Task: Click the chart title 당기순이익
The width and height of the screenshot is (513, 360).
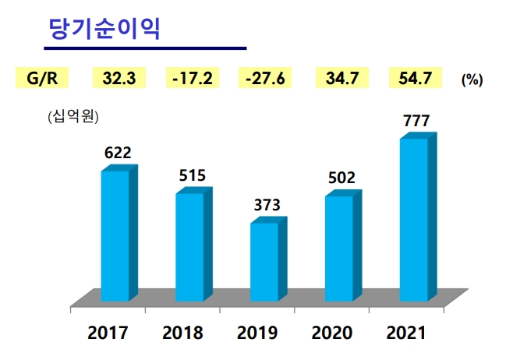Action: [x=104, y=30]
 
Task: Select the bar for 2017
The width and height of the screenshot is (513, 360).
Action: [x=115, y=235]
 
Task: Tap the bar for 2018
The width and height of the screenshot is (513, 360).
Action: [x=189, y=246]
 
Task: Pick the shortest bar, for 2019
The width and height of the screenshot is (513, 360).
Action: [x=264, y=262]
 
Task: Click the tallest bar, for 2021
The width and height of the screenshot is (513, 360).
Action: [x=414, y=219]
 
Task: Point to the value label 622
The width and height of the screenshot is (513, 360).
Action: [x=117, y=153]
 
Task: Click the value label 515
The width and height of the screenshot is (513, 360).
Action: [x=192, y=175]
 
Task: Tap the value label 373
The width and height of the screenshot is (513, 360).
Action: [x=267, y=206]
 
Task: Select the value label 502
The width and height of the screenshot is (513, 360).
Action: [x=341, y=178]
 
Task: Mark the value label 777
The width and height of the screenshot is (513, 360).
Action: [x=416, y=121]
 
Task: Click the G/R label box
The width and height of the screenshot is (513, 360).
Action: [x=41, y=78]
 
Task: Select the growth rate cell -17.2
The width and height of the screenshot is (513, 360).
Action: [x=192, y=78]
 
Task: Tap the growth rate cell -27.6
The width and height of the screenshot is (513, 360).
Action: [x=266, y=78]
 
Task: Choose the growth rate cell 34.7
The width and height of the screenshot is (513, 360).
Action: [x=340, y=78]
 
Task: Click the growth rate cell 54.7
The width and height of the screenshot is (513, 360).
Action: [x=415, y=78]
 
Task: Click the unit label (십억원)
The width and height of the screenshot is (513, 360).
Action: [x=73, y=118]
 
